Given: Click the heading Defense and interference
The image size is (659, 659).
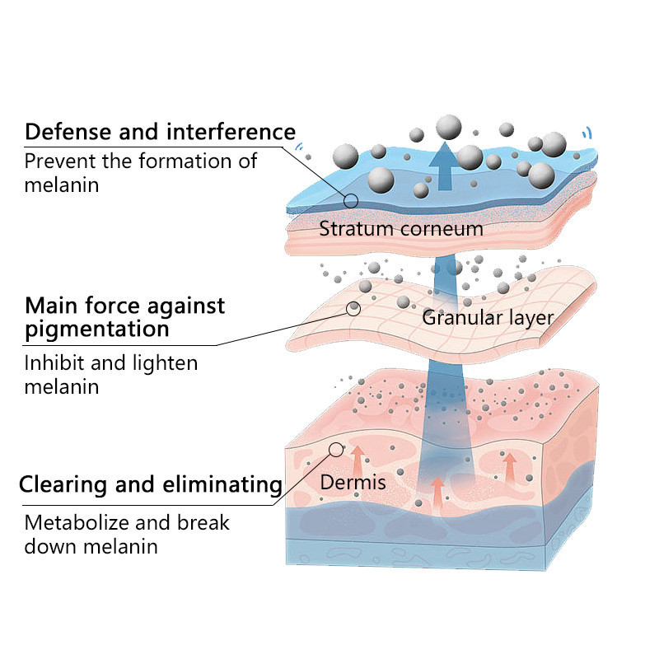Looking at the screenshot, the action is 160,132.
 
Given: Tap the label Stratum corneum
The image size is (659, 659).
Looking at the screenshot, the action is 401,228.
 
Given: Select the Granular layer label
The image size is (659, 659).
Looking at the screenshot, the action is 488,317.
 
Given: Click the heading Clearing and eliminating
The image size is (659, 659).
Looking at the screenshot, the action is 151,484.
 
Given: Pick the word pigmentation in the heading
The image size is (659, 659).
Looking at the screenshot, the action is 97,330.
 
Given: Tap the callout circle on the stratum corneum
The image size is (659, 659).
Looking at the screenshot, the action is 351,200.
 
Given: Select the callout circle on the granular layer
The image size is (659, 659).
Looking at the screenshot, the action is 353,309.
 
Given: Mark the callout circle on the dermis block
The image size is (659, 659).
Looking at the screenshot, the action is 335,449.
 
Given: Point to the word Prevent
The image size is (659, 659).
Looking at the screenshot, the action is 58,161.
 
